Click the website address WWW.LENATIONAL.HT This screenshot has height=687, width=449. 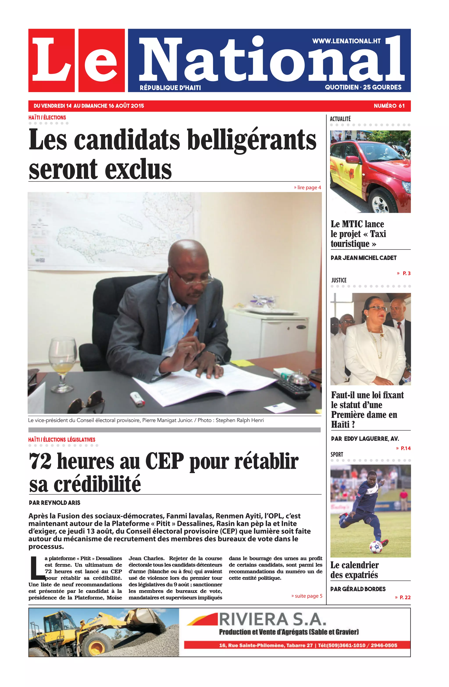346,41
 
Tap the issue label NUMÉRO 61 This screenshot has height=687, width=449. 389,106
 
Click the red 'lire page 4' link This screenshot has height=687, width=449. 307,188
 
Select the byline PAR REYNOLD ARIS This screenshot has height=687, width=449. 55,503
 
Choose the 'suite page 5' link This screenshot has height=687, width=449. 307,596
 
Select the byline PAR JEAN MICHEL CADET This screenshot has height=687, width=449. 363,258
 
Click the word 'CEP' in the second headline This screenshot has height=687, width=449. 164,461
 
